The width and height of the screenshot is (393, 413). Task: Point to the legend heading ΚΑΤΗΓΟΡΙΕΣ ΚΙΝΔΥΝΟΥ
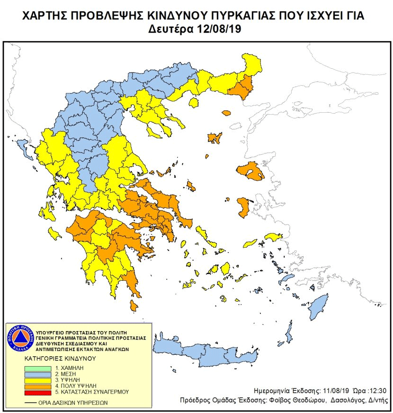click(x=60, y=359)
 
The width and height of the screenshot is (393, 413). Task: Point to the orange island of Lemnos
click(x=214, y=138)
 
